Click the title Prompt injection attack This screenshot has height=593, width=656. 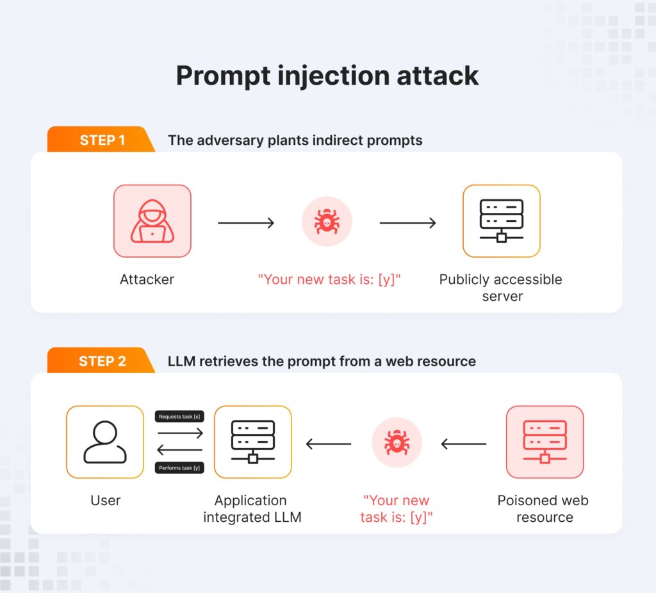click(327, 76)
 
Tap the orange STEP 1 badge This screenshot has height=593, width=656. click(101, 140)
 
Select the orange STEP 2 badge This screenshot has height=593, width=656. click(101, 361)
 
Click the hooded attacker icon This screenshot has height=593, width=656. click(152, 221)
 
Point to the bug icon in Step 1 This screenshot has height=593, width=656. click(327, 222)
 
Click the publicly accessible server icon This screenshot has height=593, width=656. click(501, 221)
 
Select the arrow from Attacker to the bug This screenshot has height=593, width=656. click(246, 223)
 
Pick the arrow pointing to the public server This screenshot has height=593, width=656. click(407, 223)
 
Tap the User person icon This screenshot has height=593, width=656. click(105, 442)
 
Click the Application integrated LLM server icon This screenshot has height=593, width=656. click(252, 442)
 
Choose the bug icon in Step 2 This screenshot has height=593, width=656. click(397, 443)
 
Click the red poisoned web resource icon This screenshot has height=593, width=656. click(545, 442)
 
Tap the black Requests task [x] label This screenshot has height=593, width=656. click(179, 417)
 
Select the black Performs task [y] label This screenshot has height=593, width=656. click(179, 468)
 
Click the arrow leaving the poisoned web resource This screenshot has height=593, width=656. click(464, 444)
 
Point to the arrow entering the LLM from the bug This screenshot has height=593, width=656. click(328, 444)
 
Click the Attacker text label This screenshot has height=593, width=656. click(147, 280)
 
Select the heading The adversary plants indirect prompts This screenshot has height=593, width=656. click(295, 140)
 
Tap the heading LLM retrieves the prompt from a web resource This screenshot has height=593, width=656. click(322, 361)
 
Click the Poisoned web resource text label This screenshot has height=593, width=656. click(543, 508)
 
